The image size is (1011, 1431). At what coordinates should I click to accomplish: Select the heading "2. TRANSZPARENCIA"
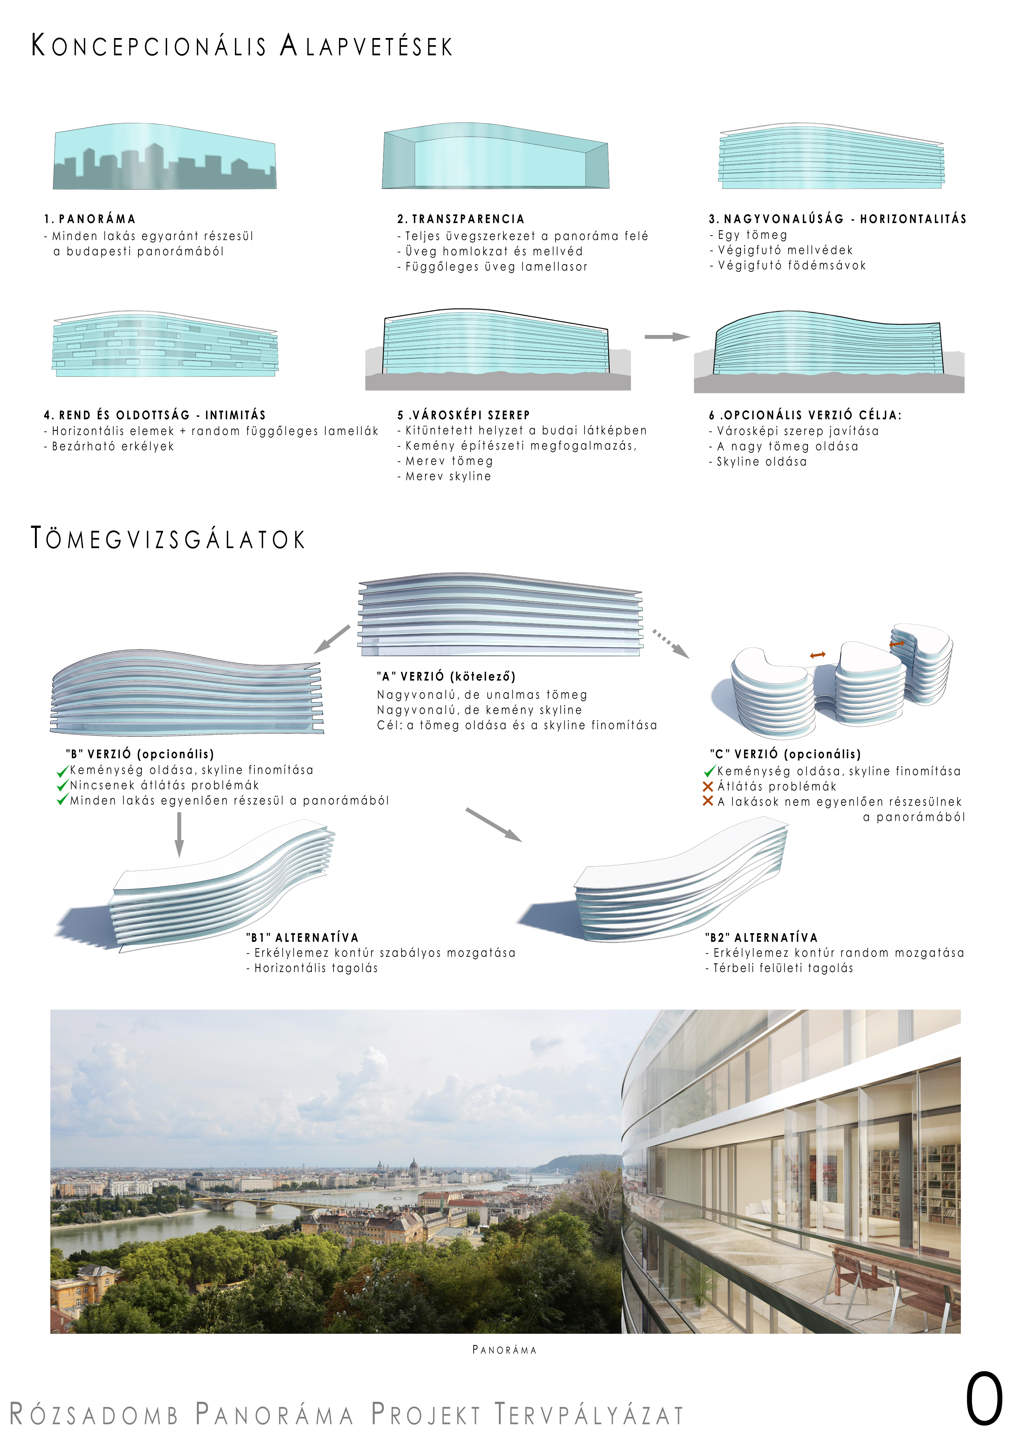coord(461,219)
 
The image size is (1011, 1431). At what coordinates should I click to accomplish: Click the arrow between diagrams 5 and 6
coord(667,337)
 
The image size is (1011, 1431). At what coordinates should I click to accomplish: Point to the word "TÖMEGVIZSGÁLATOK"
coord(168,538)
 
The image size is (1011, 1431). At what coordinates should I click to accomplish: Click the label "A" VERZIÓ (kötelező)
coord(446,676)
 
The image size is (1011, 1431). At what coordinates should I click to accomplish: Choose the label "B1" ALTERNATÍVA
coord(302,937)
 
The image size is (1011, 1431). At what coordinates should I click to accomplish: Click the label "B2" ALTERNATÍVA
coord(761,937)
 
